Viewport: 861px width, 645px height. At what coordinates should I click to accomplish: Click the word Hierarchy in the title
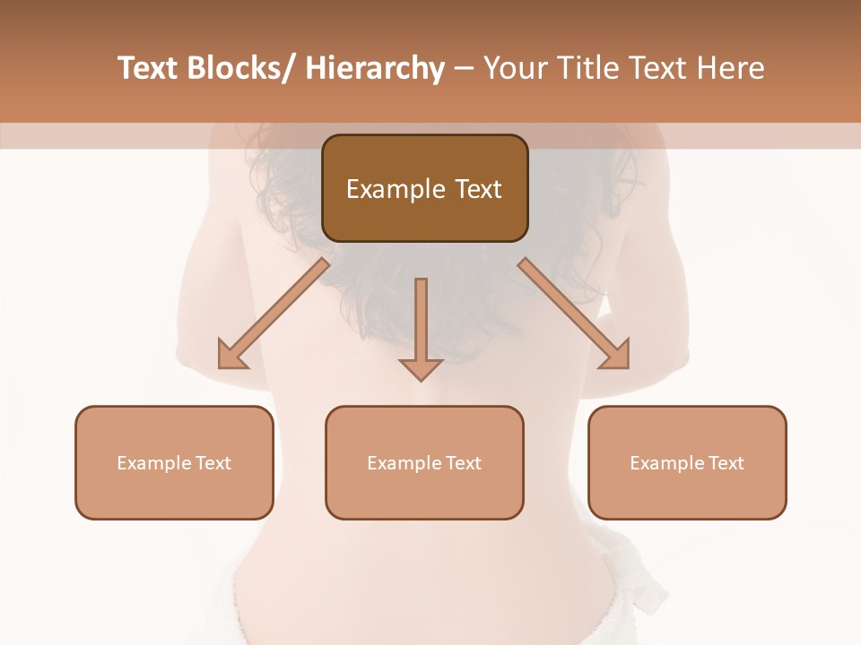coord(374,69)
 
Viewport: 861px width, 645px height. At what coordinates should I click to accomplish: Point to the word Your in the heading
coord(514,69)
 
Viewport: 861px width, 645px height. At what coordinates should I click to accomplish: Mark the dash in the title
coord(464,69)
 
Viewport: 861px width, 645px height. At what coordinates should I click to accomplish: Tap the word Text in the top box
coord(477,189)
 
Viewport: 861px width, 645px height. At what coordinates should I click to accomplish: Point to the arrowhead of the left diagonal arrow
coord(231,356)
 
